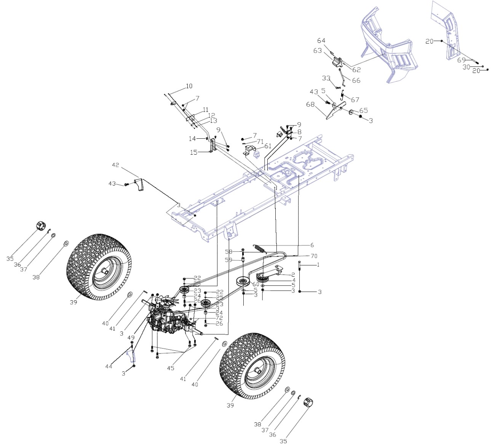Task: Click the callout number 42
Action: point(115,165)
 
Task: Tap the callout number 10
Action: point(189,86)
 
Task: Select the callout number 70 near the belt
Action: point(314,256)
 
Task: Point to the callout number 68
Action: point(310,104)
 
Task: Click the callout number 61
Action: point(268,146)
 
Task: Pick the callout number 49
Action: point(131,338)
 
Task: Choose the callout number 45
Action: point(170,368)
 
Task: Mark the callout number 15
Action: point(194,152)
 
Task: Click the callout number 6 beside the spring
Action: point(312,245)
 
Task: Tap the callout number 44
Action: point(109,366)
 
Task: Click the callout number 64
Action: point(321,41)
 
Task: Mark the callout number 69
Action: point(461,60)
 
